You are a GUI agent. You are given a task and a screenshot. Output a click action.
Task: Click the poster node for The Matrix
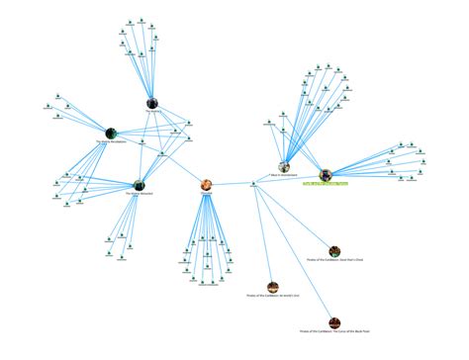(152, 102)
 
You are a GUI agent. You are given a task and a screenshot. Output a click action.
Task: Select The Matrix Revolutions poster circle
(111, 133)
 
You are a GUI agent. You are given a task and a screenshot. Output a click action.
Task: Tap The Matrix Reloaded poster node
(140, 184)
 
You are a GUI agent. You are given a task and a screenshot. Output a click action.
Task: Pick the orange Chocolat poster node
(207, 184)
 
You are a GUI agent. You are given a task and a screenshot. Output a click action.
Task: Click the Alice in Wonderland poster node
(285, 168)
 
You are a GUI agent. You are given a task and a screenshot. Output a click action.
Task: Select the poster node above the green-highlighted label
(326, 174)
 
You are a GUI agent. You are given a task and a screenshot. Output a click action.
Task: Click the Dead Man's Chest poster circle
(335, 252)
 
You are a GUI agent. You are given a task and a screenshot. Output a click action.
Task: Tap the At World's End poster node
(271, 286)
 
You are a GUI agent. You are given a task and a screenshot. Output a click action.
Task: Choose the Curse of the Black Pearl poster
(335, 322)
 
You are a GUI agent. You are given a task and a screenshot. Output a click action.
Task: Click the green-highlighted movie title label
(326, 183)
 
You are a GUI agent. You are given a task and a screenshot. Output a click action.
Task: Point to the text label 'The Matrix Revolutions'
(112, 142)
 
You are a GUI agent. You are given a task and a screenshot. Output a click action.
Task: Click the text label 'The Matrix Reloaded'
(140, 194)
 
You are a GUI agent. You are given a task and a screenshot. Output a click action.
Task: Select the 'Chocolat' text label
(207, 194)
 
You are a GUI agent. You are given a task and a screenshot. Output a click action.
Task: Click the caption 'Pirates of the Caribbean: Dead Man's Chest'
(335, 262)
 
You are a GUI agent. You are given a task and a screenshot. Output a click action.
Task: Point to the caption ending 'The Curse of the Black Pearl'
(335, 332)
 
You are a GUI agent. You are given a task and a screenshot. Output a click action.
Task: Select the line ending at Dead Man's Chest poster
(297, 219)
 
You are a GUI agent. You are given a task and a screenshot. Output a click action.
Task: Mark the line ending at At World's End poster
(264, 238)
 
